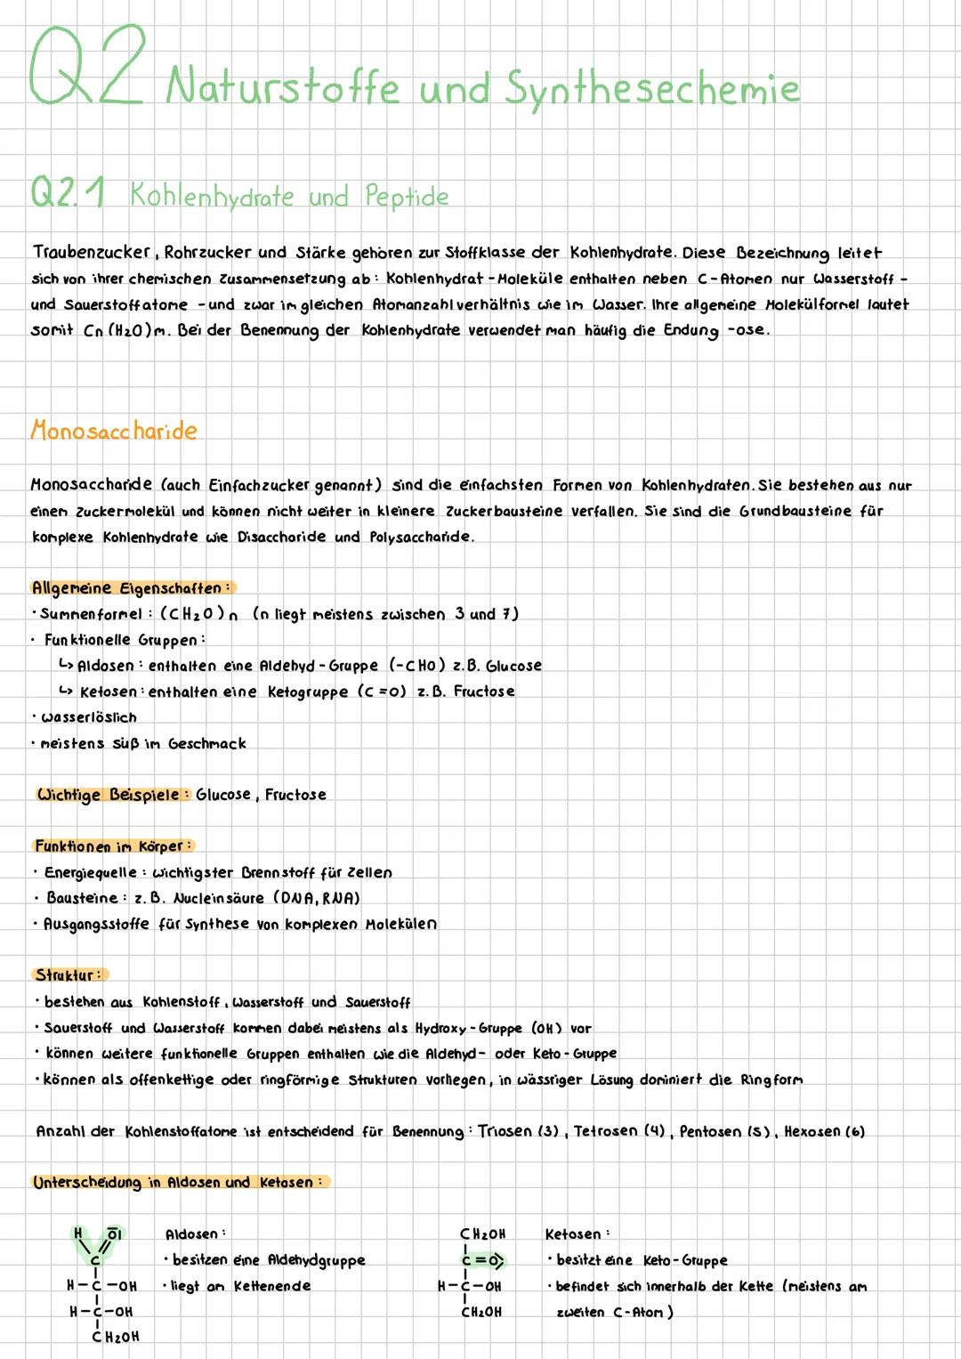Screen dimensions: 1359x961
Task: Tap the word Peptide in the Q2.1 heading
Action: [407, 196]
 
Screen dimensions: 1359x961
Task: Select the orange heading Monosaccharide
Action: [114, 431]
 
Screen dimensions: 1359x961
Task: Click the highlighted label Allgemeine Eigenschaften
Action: [131, 588]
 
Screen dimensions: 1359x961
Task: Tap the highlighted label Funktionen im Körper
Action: [113, 845]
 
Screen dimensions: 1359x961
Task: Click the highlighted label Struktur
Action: [69, 975]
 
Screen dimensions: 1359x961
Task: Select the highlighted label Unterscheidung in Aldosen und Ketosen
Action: [179, 1182]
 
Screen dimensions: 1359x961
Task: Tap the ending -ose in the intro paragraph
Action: [747, 330]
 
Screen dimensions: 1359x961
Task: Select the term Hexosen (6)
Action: [824, 1132]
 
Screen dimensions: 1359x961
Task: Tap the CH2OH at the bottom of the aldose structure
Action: [116, 1337]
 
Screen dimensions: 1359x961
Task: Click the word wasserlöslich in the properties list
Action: [88, 717]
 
